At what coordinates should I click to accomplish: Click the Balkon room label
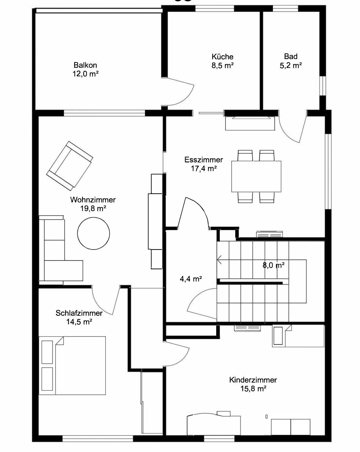85,65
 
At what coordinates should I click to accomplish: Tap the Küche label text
223,56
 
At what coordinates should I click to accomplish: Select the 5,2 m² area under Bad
291,66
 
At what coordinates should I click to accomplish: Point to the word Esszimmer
204,159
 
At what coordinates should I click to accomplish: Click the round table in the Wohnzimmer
94,233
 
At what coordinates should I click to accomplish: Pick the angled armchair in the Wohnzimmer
70,166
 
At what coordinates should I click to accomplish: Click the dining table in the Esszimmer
256,176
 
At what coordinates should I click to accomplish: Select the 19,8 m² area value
93,209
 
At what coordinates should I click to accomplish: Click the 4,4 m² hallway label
191,279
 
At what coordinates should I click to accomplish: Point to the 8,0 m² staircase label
274,265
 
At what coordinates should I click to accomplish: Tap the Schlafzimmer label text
79,313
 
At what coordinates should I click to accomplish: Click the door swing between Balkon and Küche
190,97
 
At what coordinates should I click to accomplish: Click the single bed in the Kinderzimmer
298,336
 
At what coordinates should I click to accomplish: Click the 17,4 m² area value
204,169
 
